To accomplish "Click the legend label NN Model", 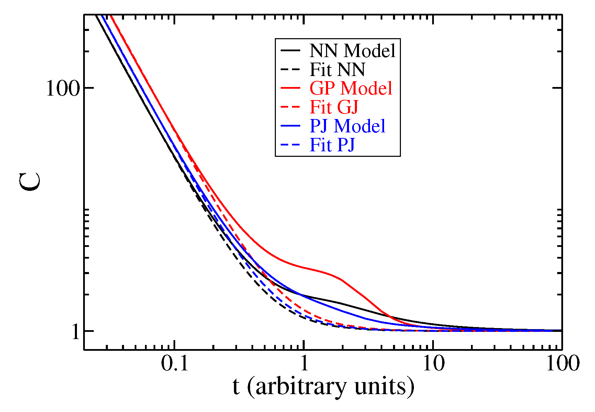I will pos(352,51).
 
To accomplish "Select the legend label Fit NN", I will pos(337,70).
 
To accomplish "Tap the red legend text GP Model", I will pos(351,88).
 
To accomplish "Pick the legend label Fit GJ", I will pos(334,107).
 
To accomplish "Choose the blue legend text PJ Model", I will pos(347,126).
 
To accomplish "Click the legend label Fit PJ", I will pos(332,145).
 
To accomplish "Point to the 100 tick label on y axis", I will pos(63,88).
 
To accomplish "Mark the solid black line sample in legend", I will pos(290,51).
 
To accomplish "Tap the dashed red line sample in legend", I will pos(290,107).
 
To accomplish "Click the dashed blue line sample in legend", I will pos(290,145).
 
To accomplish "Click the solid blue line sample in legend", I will pos(290,126).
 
